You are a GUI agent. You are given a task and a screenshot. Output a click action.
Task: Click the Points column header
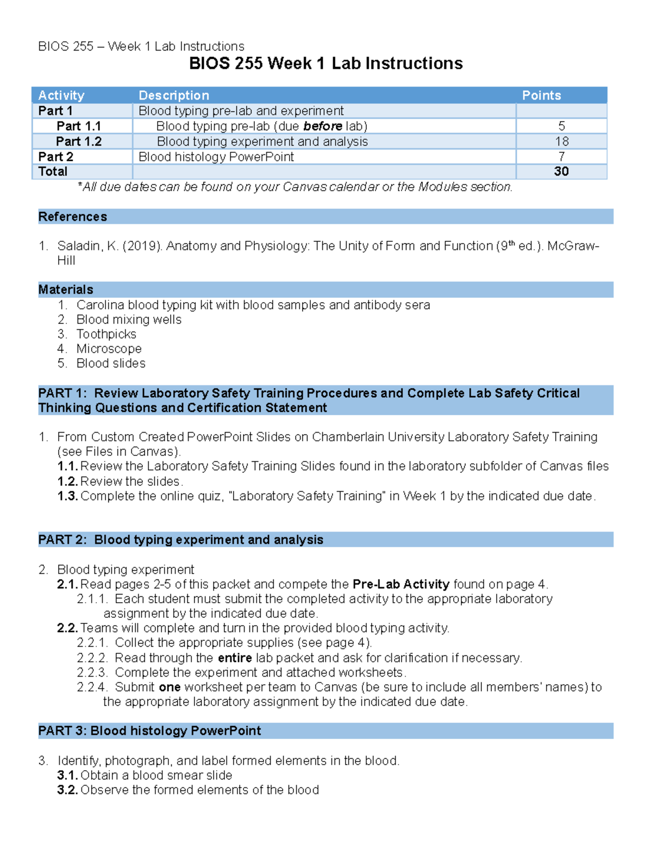pos(541,96)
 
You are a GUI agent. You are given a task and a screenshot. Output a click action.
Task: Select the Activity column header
pos(61,96)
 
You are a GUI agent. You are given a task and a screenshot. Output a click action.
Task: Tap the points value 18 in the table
pos(561,141)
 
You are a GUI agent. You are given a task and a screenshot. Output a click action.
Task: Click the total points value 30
pos(561,172)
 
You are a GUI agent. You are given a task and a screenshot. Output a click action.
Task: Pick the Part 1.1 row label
pos(79,126)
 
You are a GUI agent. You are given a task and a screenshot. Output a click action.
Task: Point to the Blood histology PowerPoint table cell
pos(216,157)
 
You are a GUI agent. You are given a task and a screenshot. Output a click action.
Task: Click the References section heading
pos(72,217)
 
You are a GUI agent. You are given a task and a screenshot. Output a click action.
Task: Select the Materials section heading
pos(66,290)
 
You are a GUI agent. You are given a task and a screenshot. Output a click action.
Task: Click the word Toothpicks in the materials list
pos(106,334)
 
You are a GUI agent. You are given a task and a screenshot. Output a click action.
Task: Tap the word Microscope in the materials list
pos(109,349)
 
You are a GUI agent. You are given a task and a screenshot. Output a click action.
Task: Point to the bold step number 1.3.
pos(67,496)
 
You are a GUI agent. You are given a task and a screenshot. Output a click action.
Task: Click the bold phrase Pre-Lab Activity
pos(401,584)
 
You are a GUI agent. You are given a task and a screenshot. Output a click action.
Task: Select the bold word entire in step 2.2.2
pos(235,658)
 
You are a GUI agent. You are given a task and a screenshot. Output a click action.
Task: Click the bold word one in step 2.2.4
pos(170,687)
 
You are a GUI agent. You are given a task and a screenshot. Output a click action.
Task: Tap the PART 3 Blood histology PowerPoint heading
pos(149,731)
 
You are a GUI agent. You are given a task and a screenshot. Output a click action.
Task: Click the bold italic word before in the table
pos(323,126)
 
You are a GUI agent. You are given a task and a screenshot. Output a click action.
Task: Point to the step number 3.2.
pos(67,790)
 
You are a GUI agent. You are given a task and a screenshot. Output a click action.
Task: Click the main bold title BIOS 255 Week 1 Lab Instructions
pos(325,64)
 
